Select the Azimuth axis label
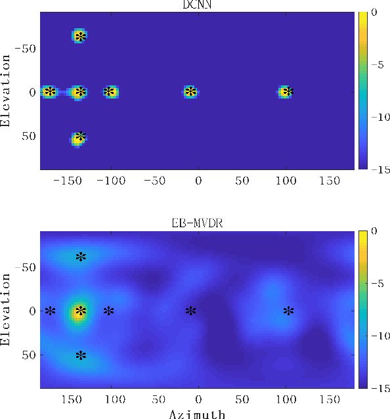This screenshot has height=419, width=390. point(198,414)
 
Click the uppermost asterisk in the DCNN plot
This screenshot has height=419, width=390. point(80,37)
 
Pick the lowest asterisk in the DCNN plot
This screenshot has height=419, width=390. point(80,137)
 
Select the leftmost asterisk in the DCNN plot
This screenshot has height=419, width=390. point(50,92)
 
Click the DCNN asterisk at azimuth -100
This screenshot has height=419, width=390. point(109,92)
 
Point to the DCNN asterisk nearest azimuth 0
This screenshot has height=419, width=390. point(190,92)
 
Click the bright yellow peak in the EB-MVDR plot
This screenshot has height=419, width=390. point(79,312)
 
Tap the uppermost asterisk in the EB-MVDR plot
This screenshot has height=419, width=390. point(80,256)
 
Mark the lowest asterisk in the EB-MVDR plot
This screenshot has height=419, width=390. point(80,356)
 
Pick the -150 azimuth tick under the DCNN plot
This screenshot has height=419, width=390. point(68,180)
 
